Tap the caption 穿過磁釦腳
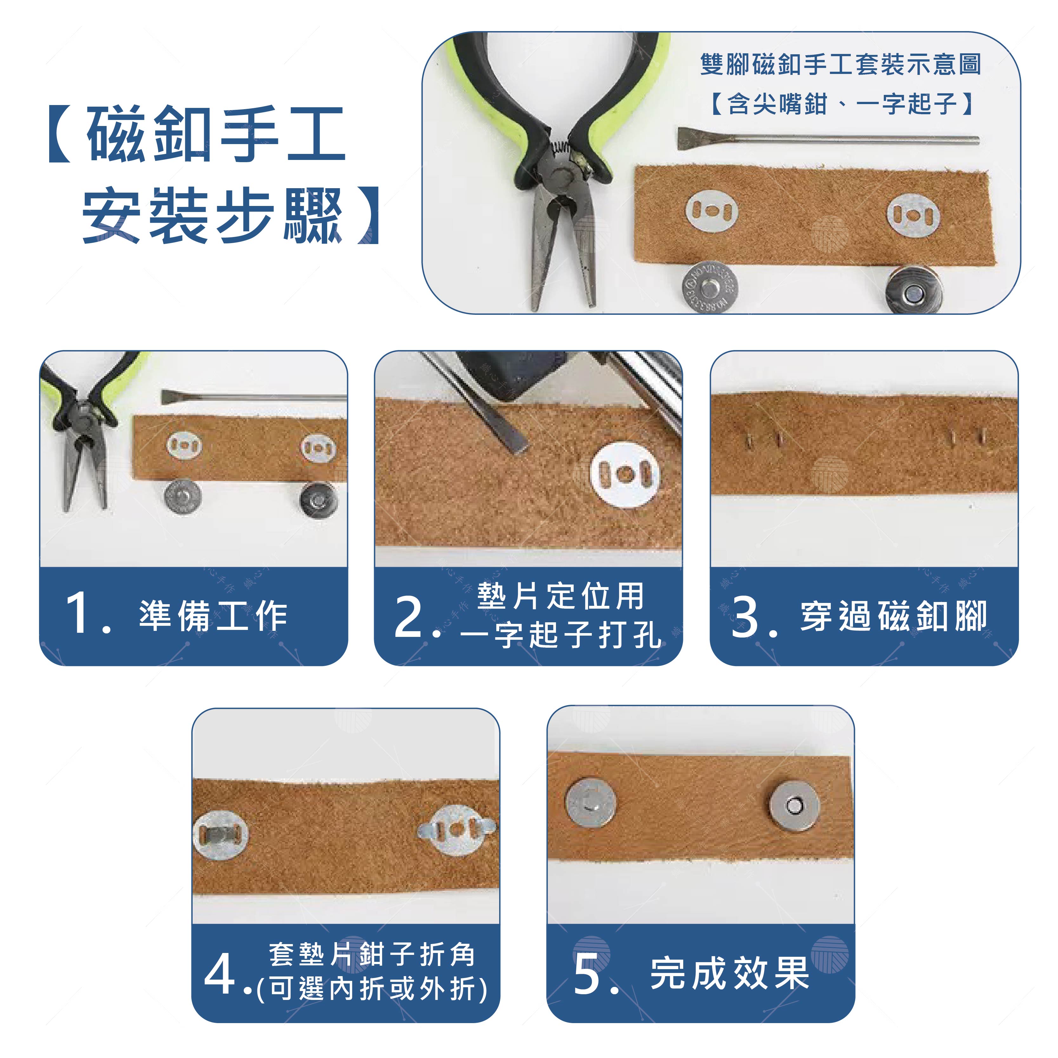click(894, 616)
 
